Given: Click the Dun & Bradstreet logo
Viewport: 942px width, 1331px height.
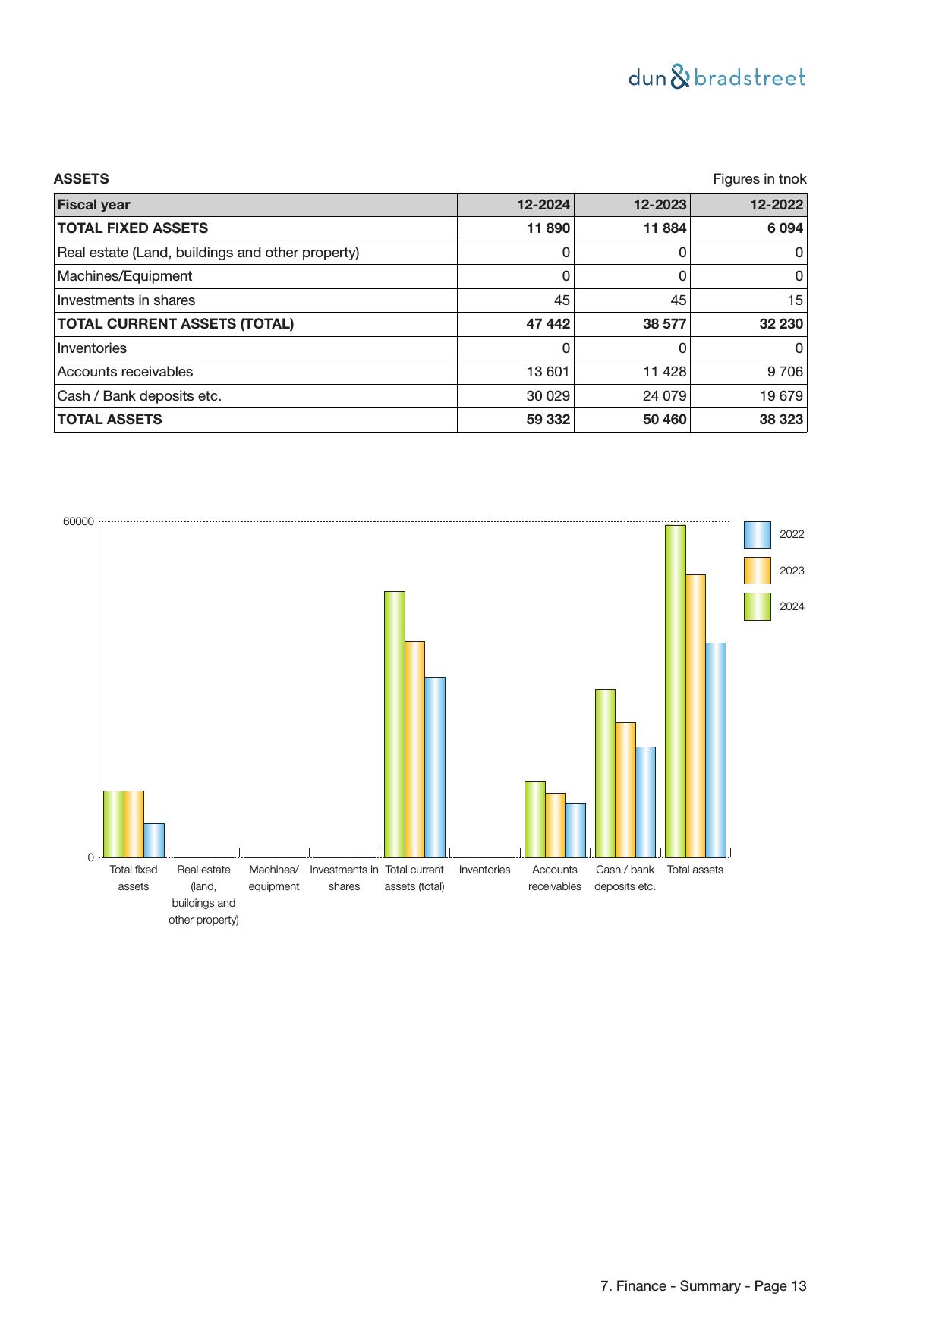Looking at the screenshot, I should tap(717, 78).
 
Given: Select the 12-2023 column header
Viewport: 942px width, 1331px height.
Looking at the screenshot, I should tap(660, 205).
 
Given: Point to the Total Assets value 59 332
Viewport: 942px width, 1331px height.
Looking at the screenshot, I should tap(548, 420).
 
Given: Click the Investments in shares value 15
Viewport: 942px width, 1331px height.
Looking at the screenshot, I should tap(794, 300).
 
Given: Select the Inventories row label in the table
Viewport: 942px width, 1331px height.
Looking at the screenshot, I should tap(92, 348).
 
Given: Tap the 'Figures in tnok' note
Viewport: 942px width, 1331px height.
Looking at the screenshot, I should tap(759, 179).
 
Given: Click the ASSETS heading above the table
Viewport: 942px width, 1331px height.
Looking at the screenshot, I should tap(81, 179).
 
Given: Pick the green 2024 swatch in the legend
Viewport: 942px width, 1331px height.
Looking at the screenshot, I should tap(757, 606).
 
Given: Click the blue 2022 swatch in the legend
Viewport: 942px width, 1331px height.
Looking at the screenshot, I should tap(757, 534).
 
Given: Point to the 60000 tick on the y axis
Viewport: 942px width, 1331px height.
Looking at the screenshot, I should tap(78, 521).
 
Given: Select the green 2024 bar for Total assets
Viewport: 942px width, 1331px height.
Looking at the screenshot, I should tap(675, 691).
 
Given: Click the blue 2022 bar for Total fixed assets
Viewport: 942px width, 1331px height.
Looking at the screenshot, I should tap(154, 840).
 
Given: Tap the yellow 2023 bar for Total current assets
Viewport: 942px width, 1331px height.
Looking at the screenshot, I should tap(414, 749).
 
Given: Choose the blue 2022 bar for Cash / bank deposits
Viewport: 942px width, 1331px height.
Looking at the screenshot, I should tap(645, 802).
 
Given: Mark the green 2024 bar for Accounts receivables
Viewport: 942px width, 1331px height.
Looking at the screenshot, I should tap(534, 819).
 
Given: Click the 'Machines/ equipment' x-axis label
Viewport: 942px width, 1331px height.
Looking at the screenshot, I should tap(274, 878).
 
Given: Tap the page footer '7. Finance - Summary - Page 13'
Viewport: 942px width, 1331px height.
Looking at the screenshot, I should tap(703, 1285).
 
